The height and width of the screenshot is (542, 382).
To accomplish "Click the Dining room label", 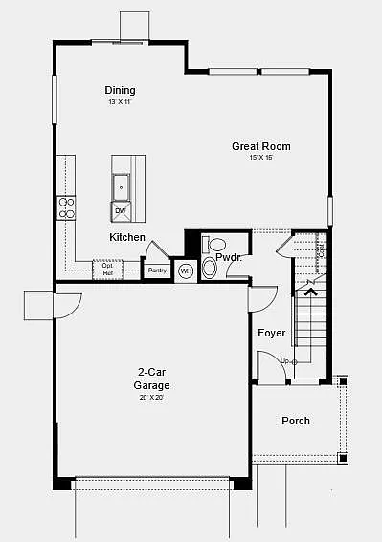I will point(121,90).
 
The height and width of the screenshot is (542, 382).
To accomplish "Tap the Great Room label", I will point(260,146).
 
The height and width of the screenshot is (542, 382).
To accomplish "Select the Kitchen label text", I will point(127,237).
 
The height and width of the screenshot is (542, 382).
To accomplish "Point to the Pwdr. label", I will point(228,258).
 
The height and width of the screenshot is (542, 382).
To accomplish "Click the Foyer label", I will point(271,333).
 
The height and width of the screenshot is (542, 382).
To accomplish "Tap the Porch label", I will point(296,421).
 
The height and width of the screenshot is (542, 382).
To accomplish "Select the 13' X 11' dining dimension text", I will point(120,101).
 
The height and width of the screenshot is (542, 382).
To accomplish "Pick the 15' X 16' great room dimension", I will point(260,158).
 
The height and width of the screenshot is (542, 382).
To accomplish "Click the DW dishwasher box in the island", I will point(121,210).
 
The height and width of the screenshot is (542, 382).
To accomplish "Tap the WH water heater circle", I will point(186,271).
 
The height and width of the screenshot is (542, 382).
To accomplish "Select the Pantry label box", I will point(157,271).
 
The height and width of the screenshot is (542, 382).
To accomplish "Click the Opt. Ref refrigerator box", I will point(108,270).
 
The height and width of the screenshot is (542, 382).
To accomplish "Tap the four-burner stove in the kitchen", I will point(67,207).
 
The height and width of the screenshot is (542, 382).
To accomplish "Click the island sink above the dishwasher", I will point(121,184).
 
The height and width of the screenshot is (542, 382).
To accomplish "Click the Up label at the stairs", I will point(284,360).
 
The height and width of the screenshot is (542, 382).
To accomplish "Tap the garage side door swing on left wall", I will point(68,306).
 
